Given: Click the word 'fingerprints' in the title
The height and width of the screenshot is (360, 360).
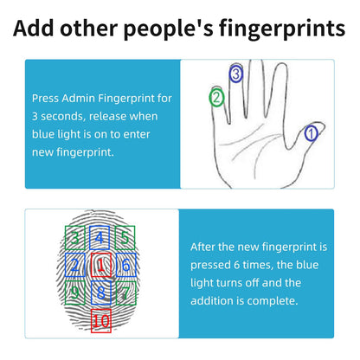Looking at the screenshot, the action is coord(281,29).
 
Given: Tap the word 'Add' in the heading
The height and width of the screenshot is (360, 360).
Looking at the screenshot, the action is coord(34,28).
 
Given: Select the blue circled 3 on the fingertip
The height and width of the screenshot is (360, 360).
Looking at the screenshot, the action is coord(236,74).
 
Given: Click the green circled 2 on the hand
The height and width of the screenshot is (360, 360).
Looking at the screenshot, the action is coord(216,97).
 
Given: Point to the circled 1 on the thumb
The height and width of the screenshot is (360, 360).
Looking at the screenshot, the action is coord(312,133).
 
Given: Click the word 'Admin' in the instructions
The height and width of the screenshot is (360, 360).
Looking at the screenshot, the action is coord(79,99).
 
